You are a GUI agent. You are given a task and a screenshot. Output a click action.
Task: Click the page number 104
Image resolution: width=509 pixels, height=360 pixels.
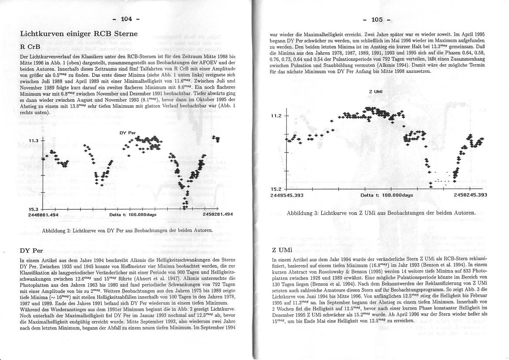126,19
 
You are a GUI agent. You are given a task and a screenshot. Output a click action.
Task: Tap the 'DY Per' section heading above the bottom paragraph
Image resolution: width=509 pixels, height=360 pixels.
31,251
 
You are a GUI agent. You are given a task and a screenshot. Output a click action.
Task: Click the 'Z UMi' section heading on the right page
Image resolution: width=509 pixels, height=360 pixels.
279,250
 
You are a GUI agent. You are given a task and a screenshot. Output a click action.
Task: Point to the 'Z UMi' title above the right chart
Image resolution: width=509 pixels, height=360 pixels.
376,92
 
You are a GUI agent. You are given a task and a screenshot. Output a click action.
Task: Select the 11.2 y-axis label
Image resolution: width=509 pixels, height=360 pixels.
277,115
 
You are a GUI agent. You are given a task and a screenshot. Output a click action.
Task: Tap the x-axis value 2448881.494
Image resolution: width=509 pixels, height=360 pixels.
43,214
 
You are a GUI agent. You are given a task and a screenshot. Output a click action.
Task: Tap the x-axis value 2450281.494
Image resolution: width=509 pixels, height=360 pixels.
218,214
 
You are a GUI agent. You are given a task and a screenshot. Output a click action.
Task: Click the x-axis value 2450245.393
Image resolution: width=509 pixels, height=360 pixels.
470,195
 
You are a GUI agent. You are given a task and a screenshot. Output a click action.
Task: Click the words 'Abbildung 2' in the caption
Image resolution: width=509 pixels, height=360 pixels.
56,230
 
